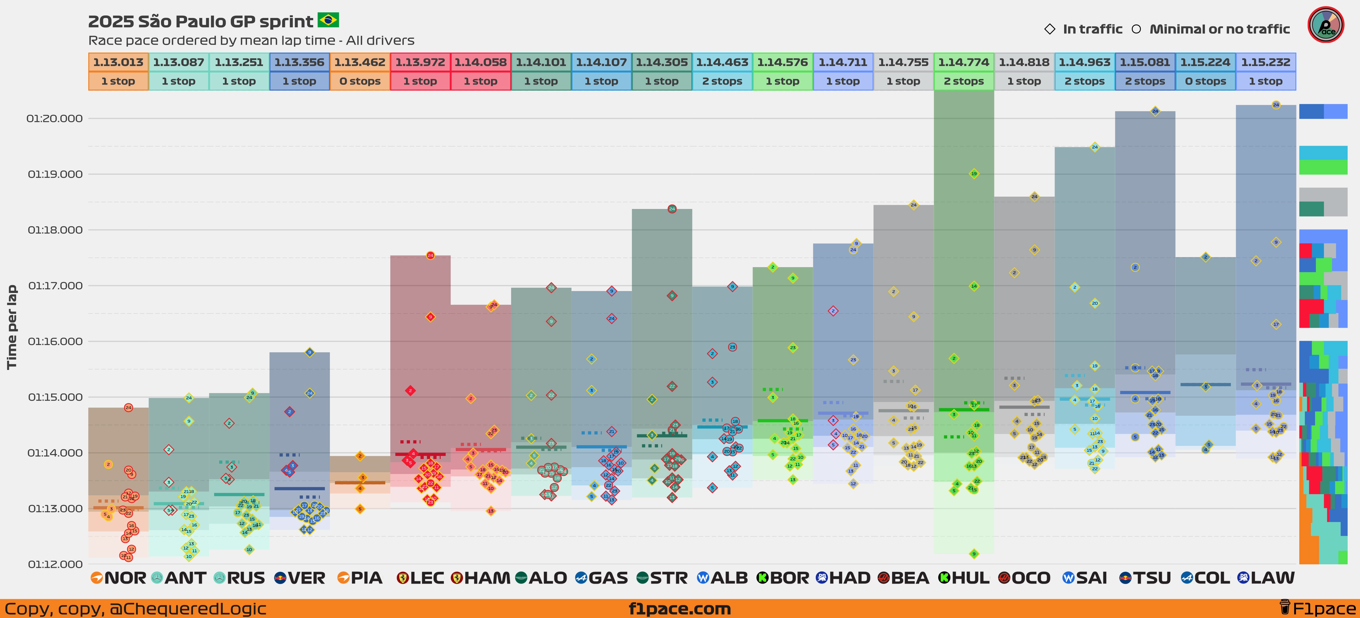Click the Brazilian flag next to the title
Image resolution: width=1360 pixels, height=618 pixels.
[328, 21]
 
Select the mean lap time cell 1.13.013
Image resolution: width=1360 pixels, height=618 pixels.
[118, 62]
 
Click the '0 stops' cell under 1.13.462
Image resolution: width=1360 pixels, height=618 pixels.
[360, 81]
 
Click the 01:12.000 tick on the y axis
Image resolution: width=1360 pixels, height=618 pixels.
[55, 564]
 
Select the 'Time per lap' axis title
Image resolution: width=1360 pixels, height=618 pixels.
[12, 327]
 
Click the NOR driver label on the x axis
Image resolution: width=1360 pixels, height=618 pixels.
[124, 578]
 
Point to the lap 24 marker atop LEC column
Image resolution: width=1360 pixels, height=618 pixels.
[430, 255]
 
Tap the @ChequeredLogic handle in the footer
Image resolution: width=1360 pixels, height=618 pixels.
[187, 608]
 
